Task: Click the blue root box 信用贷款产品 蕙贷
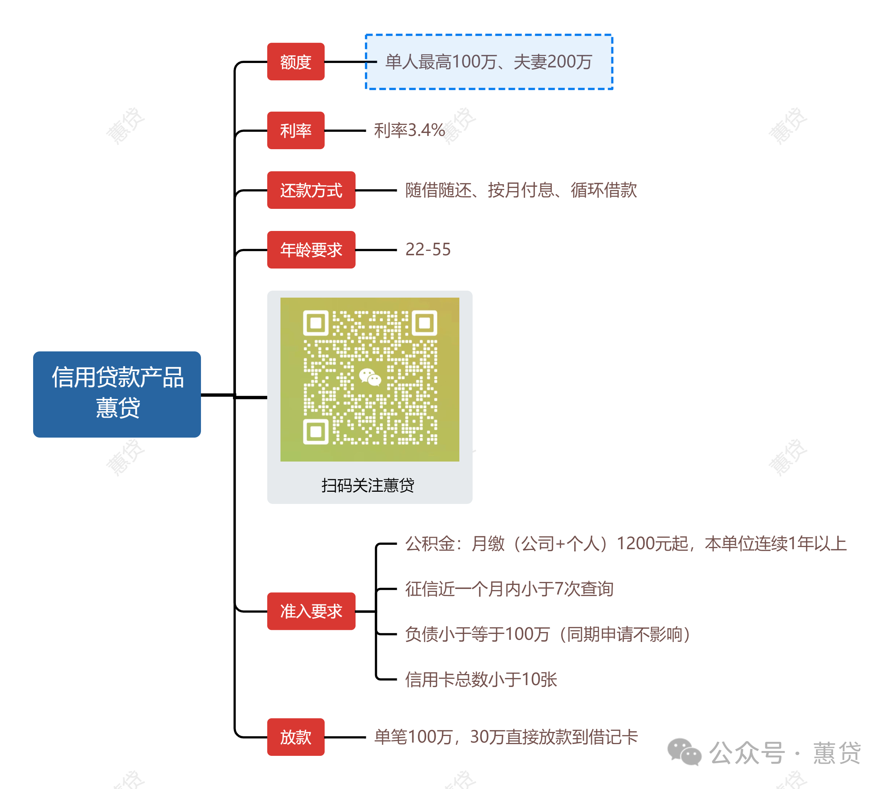(117, 394)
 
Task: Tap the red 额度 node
(296, 62)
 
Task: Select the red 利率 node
(296, 130)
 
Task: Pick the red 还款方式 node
(311, 190)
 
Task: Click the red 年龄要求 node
(311, 250)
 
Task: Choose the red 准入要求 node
(311, 611)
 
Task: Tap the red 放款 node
(296, 737)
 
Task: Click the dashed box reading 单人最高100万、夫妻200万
(488, 62)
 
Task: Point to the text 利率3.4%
(409, 130)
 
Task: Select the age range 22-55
(428, 250)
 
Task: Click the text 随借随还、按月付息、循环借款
(521, 190)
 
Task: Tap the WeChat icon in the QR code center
(370, 377)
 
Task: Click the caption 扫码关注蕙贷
(368, 485)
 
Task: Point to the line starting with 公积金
(625, 543)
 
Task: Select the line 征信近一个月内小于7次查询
(509, 589)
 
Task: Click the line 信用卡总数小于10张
(481, 679)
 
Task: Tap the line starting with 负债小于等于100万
(547, 634)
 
